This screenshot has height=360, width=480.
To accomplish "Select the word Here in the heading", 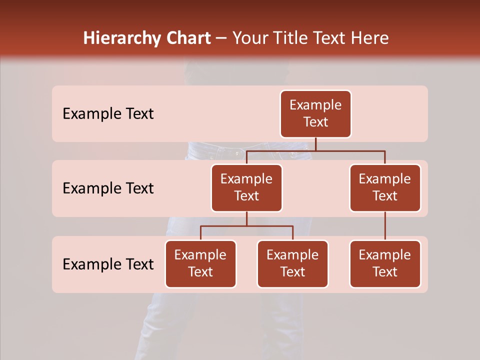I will (x=369, y=38).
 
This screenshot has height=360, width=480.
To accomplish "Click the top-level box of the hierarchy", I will (x=315, y=114).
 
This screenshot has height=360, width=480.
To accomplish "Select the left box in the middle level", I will (x=246, y=188).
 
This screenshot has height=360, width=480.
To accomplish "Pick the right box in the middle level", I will (x=385, y=188).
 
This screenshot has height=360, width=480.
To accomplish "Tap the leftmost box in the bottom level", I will (x=200, y=264).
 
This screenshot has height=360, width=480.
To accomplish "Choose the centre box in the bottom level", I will (x=292, y=264).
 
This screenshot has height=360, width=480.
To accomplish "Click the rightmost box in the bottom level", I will (x=385, y=264).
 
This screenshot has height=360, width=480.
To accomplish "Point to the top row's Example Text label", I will (x=108, y=114).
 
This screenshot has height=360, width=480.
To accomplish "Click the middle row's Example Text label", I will (x=108, y=188).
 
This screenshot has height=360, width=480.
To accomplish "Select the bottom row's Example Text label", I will (x=108, y=264).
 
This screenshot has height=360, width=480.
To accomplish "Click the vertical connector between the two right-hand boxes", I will (x=385, y=226).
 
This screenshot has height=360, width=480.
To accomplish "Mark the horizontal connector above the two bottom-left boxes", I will (x=246, y=226).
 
